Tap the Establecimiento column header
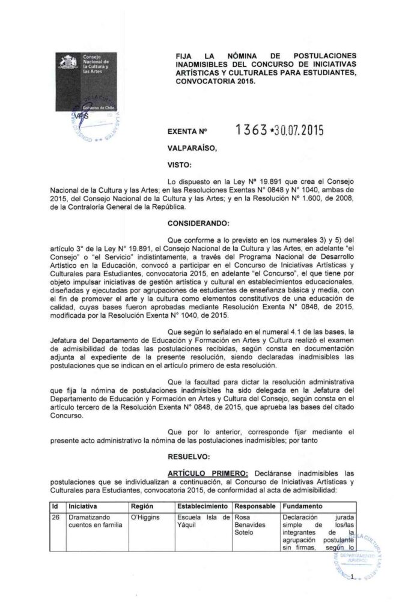point(204,506)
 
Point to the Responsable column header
point(255,506)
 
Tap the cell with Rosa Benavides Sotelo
point(255,524)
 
